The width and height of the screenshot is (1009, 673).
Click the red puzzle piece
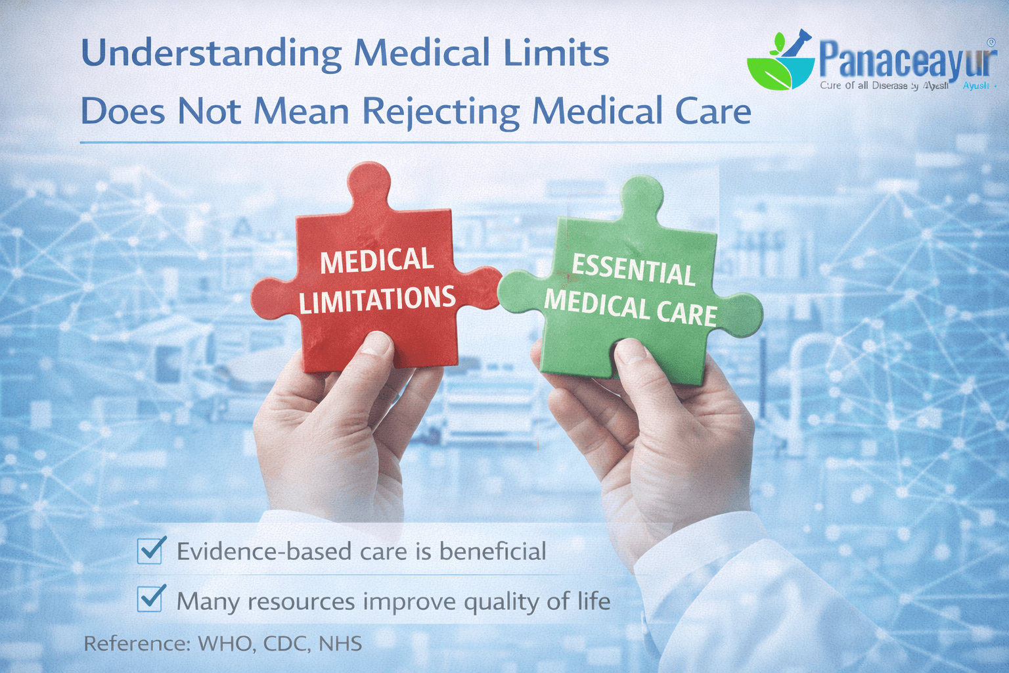tap(375, 283)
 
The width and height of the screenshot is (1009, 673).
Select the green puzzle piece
tap(631, 289)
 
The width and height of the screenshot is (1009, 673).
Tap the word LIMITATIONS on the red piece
tap(377, 300)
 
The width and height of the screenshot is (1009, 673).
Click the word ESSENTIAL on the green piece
tap(633, 269)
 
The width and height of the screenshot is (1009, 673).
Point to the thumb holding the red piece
tap(374, 355)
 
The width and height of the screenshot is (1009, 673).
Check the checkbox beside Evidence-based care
tap(150, 551)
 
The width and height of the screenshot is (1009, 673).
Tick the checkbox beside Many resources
tap(150, 599)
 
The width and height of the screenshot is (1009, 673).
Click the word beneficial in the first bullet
tap(492, 551)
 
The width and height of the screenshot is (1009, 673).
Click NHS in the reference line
tap(340, 643)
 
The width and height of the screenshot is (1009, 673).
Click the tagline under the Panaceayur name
tap(884, 86)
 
